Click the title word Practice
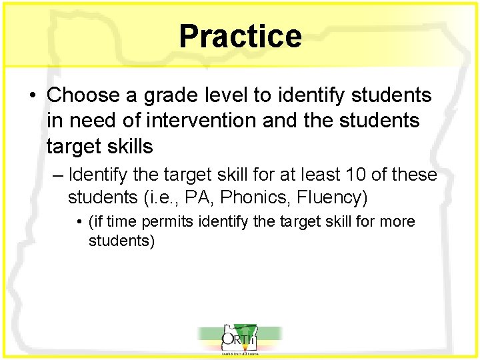point(240,36)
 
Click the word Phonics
point(251,198)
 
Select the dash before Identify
point(57,176)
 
